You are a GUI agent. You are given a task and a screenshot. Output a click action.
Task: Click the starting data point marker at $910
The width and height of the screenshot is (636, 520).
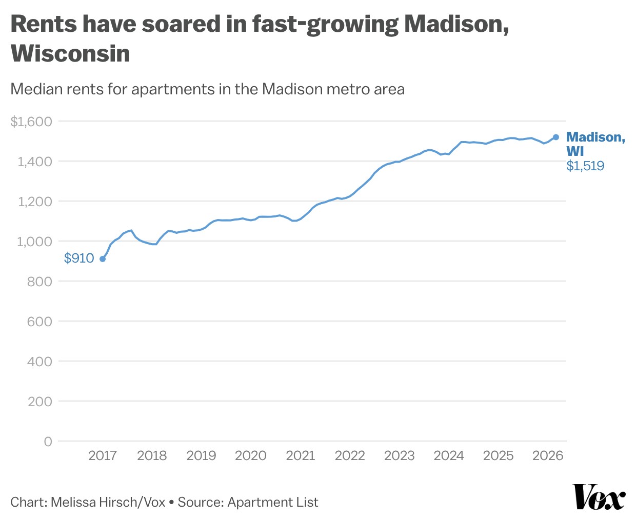click(103, 259)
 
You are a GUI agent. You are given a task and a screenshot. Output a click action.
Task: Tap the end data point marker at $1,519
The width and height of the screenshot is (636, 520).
click(556, 137)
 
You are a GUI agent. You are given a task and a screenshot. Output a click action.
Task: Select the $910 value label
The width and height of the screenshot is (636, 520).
click(79, 258)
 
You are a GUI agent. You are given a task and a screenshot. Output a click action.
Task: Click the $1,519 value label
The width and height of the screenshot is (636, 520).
click(585, 166)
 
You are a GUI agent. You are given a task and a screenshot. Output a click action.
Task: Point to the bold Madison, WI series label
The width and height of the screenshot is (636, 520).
click(595, 144)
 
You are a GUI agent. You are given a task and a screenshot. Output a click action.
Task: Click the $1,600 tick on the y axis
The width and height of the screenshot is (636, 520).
click(31, 122)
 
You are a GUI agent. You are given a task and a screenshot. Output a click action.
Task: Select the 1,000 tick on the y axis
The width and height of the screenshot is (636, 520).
click(34, 242)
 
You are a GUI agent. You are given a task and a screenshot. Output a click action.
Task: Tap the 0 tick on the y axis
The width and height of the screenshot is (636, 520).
click(48, 442)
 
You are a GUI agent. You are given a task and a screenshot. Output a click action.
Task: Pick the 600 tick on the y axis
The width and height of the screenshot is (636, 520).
click(39, 322)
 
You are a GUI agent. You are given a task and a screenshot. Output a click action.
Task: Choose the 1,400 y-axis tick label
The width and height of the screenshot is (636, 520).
click(34, 162)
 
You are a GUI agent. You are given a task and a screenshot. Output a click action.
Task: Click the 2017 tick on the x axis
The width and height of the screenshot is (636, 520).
click(103, 455)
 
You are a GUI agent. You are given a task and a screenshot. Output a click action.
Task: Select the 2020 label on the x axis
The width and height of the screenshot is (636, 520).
click(251, 455)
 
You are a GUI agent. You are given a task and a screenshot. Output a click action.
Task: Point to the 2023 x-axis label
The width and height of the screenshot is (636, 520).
click(399, 455)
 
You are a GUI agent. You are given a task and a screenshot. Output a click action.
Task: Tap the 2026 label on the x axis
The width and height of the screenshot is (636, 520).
click(548, 455)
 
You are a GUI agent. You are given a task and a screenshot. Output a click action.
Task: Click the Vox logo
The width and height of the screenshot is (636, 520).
click(599, 496)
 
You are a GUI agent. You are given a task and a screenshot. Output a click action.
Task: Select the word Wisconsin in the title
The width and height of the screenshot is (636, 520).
click(70, 53)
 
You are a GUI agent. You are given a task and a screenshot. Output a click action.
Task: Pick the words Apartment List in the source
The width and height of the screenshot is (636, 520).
click(273, 502)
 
